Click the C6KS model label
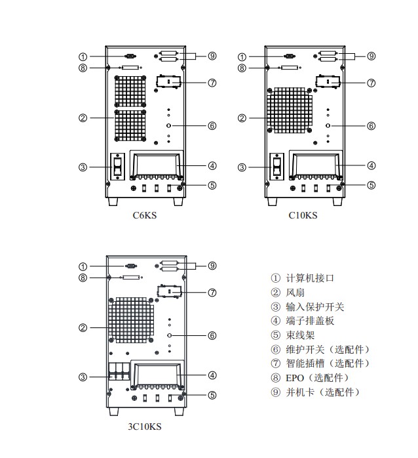click(144, 215)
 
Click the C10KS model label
click(303, 215)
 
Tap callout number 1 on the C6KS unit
click(83, 56)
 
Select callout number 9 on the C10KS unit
click(371, 56)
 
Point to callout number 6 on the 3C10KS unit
click(212, 335)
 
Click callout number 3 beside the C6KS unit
click(83, 167)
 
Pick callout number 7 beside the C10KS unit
click(371, 83)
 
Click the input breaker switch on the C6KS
click(119, 167)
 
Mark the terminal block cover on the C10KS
click(316, 165)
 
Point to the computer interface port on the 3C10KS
click(130, 266)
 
